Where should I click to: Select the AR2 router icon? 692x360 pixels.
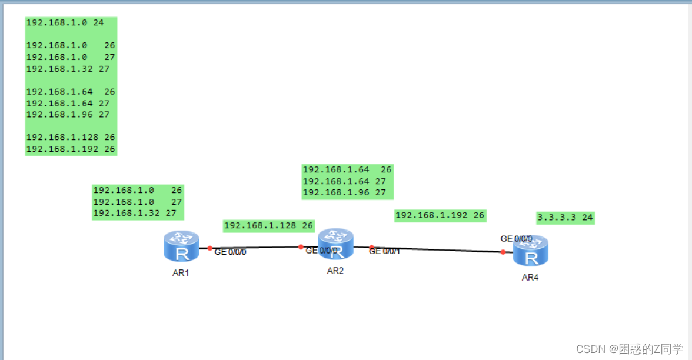click(x=335, y=244)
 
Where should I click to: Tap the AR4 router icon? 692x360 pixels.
click(x=531, y=251)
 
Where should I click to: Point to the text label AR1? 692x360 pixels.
click(x=181, y=273)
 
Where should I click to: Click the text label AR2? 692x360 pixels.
click(x=335, y=271)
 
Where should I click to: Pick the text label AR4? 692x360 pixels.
click(x=530, y=278)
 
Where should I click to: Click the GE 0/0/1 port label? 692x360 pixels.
click(x=384, y=251)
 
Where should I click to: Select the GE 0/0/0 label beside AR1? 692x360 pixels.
click(x=230, y=252)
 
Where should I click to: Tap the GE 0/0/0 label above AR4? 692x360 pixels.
click(x=516, y=239)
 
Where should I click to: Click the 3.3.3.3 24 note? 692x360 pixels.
click(x=565, y=218)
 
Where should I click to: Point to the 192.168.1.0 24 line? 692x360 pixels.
click(x=65, y=23)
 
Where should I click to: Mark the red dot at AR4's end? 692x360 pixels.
click(x=503, y=252)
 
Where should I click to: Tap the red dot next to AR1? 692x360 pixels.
click(x=209, y=248)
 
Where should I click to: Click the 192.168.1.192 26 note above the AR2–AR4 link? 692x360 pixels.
click(x=440, y=215)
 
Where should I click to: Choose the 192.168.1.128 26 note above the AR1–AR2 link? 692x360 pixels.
click(x=268, y=225)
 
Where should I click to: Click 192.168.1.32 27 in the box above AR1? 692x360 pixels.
click(x=135, y=213)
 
